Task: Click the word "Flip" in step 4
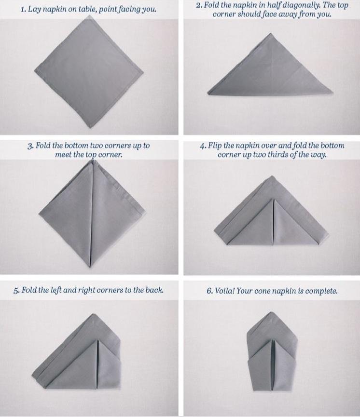pos(215,146)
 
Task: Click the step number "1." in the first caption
pos(23,10)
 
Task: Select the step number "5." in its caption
pos(16,290)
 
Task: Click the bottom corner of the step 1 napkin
pos(91,128)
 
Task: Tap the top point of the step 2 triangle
pos(271,33)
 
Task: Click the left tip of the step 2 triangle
pos(208,93)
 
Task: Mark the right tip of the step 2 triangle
pos(332,93)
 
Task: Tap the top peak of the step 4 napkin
pos(272,176)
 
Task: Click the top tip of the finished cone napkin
pos(271,312)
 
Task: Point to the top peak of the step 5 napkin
pos(93,314)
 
